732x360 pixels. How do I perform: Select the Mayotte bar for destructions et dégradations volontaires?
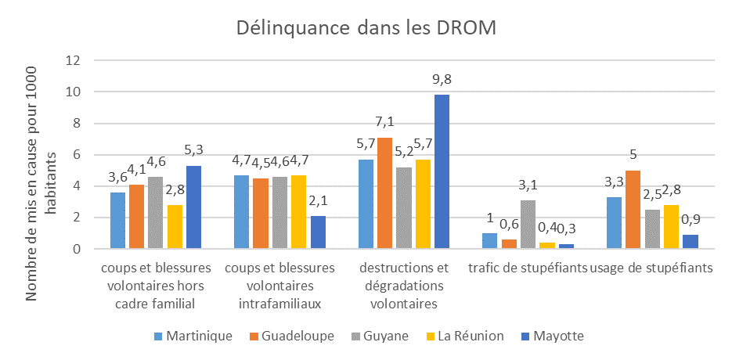[442, 172]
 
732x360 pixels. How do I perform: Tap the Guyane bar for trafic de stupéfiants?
[528, 225]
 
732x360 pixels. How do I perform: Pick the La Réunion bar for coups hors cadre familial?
[175, 227]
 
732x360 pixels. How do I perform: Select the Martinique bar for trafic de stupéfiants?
[491, 241]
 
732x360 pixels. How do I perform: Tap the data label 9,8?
[442, 79]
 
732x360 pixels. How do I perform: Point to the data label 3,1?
[528, 185]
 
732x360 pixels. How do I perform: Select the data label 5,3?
[193, 150]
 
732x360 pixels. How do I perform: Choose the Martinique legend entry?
[192, 337]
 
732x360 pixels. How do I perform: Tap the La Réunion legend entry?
[463, 337]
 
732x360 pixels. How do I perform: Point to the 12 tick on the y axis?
[75, 60]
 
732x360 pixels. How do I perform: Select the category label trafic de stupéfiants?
[528, 268]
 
